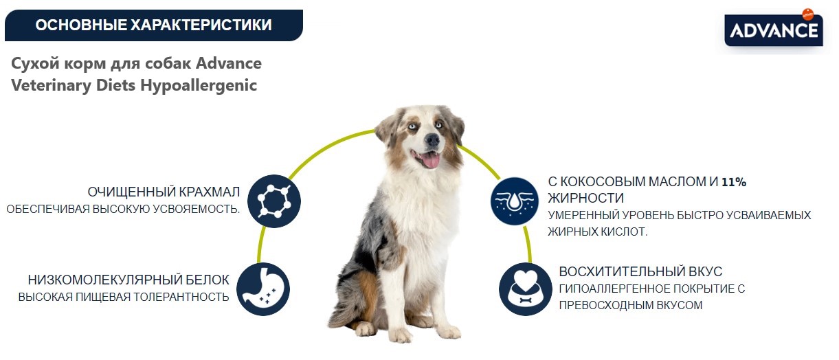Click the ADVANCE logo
click(773, 31)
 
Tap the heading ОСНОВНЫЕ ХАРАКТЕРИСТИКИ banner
click(153, 25)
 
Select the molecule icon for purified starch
click(274, 201)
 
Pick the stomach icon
click(262, 289)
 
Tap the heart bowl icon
click(526, 289)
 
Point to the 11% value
click(733, 183)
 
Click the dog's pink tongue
click(430, 161)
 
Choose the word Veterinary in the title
click(47, 86)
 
